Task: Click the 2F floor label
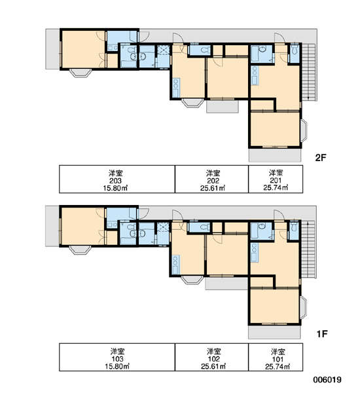[x=321, y=158]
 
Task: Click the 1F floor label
[x=322, y=333]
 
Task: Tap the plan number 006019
[x=327, y=380]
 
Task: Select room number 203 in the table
[x=116, y=181]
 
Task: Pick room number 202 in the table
[x=213, y=181]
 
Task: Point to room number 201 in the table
[x=276, y=180]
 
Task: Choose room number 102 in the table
[x=213, y=359]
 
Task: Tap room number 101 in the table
[x=278, y=359]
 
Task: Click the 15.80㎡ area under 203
[x=116, y=188]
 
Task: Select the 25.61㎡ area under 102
[x=213, y=366]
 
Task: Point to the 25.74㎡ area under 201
[x=276, y=187]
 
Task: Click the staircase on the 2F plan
[x=309, y=72]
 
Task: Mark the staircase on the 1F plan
[x=309, y=249]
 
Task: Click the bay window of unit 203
[x=80, y=73]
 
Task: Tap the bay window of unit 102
[x=192, y=280]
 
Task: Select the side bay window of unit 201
[x=304, y=130]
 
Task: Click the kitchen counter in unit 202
[x=176, y=88]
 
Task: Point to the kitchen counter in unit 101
[x=254, y=252]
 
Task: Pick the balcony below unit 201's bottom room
[x=274, y=155]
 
